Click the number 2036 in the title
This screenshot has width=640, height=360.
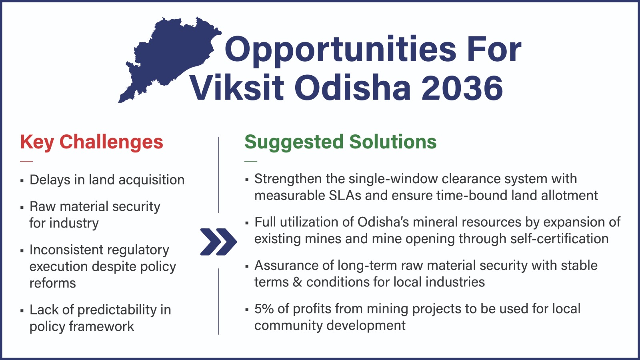tap(462, 88)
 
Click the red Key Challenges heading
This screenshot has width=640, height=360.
tap(92, 142)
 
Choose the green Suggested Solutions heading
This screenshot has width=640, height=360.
tap(340, 142)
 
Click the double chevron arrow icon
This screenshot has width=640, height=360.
tap(218, 242)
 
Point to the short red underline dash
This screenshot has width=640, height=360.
tap(26, 162)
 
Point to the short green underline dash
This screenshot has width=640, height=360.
tap(251, 162)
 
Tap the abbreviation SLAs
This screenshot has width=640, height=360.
tap(345, 196)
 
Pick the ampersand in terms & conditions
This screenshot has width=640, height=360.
tap(298, 282)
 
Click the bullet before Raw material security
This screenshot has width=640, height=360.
tap(22, 207)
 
